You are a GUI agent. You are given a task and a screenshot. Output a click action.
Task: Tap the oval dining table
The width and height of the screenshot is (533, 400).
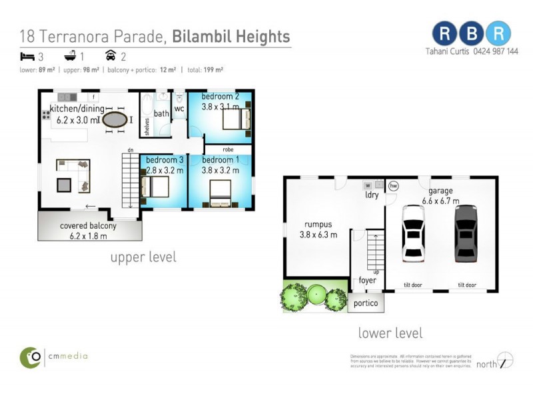114,120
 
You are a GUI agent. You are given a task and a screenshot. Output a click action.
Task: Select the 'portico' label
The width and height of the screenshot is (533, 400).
366,303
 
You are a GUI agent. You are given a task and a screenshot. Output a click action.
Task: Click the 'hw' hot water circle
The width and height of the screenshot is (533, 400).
393,186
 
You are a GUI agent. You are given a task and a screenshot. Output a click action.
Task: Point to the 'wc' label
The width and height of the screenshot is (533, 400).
179,109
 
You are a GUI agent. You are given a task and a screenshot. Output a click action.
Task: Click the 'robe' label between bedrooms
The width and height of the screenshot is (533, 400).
228,150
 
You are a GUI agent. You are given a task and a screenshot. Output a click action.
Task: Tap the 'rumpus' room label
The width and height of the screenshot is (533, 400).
318,225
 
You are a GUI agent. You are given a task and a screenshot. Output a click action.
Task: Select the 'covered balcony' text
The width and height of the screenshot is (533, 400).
88,225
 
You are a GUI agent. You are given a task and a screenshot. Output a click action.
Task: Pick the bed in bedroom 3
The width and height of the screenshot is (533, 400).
156,185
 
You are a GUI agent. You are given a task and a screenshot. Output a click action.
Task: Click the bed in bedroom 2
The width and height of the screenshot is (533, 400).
237,119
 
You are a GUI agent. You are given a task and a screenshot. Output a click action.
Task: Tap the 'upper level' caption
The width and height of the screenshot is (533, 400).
143,257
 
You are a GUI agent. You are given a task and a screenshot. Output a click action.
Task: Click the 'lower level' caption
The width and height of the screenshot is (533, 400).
390,333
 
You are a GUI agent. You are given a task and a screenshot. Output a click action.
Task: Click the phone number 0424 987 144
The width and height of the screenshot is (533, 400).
496,51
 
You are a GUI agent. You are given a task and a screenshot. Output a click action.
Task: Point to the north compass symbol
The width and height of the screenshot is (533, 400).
506,362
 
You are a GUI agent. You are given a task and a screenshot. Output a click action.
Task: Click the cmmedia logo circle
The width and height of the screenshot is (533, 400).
30,357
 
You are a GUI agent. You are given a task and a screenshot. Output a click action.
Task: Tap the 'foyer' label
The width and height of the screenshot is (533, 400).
367,280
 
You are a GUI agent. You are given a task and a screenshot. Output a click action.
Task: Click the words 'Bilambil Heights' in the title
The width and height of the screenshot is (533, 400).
231,36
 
